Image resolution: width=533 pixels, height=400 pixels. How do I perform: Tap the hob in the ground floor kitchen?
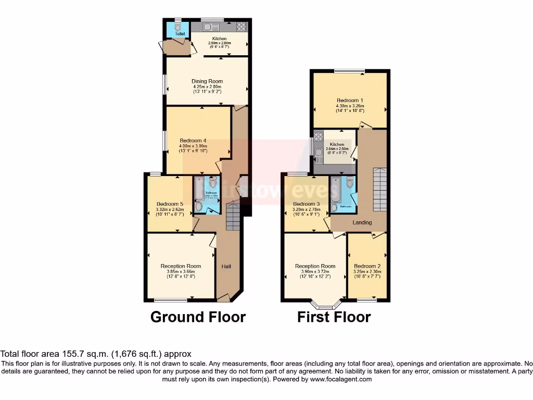242,26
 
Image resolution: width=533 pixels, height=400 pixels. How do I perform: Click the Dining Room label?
207,81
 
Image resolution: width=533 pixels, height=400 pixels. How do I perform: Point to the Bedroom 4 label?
193,141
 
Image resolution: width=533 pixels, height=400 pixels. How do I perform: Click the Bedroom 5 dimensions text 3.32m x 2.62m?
170,210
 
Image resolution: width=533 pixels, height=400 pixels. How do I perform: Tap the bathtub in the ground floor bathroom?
199,191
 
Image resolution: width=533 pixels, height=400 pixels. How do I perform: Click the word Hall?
226,267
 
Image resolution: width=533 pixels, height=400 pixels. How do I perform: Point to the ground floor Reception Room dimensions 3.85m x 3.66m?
181,271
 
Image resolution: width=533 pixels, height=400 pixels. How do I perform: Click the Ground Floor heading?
198,317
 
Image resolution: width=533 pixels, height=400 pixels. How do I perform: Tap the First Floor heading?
334,317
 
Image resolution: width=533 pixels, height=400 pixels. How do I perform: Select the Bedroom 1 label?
350,100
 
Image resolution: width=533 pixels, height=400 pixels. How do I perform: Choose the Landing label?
362,222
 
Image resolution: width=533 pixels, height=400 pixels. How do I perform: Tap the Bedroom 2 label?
367,266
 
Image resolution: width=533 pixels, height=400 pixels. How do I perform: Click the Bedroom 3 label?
306,204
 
